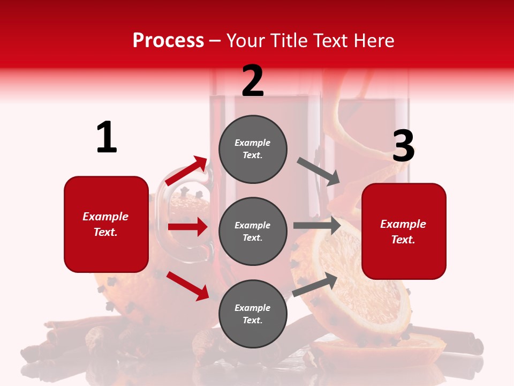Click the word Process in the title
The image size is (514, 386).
(x=168, y=41)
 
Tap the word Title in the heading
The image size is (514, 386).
(x=286, y=41)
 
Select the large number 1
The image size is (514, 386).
(x=107, y=138)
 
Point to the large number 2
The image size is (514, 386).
(x=253, y=81)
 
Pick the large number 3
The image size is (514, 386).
(x=403, y=146)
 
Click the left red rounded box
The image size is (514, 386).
(x=106, y=224)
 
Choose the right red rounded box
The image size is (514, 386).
(x=404, y=231)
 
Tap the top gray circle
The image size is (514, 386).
(x=253, y=149)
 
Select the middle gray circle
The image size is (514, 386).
(x=253, y=231)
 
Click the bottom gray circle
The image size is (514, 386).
(x=253, y=314)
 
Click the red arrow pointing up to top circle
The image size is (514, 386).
(x=187, y=171)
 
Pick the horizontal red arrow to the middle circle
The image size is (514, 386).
(x=187, y=227)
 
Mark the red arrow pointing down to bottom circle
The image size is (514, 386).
(x=187, y=285)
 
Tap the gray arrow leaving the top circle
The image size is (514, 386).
(x=319, y=171)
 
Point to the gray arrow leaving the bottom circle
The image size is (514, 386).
(x=315, y=285)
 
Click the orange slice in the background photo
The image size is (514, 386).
(x=356, y=284)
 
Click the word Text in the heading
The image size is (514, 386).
(x=331, y=41)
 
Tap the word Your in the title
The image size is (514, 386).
(x=246, y=41)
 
